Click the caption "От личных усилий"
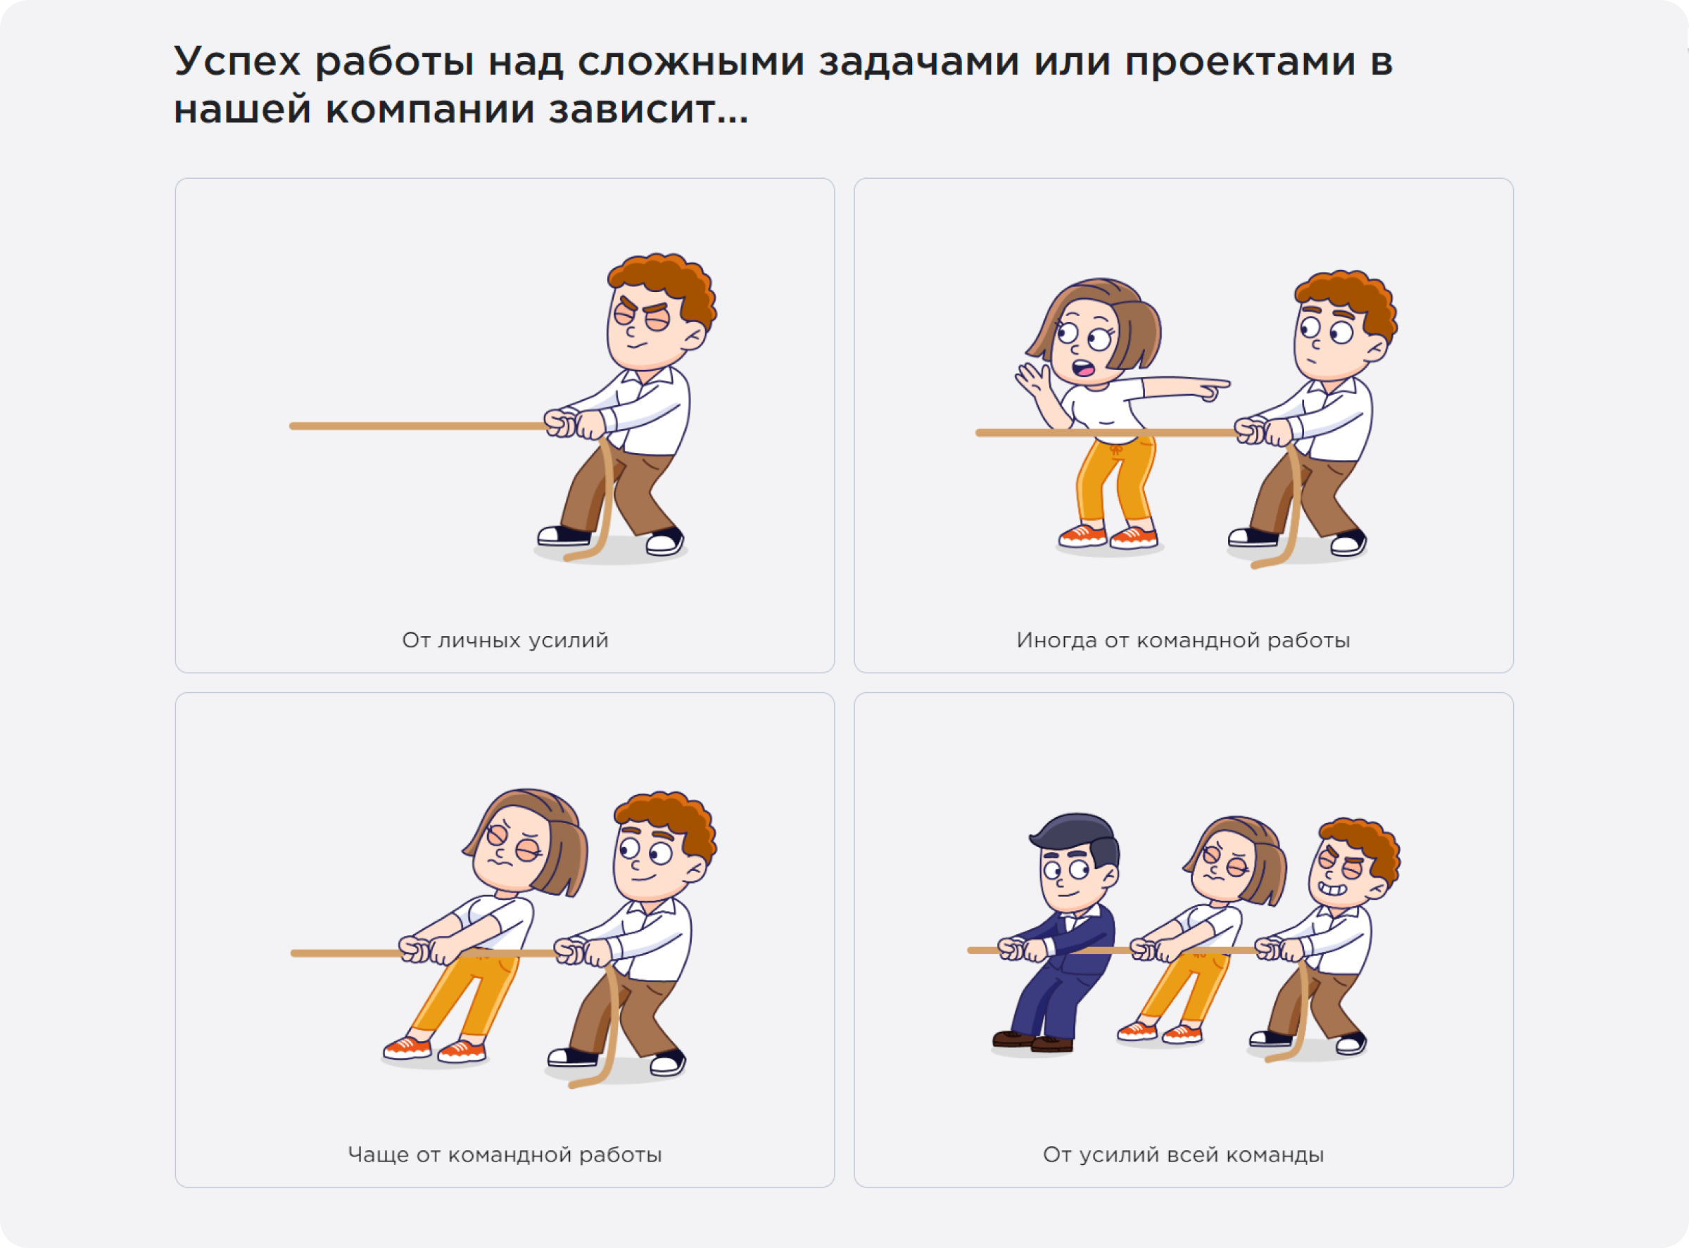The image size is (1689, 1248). coord(505,641)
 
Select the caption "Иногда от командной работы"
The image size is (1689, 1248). coord(1183,641)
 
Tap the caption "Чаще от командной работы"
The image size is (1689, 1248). coord(505,1154)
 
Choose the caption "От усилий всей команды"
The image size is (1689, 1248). coord(1183,1154)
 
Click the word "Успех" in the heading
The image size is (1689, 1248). coord(237,62)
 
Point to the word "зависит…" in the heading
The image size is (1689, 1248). coord(648,110)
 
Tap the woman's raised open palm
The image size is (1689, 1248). coord(1032,378)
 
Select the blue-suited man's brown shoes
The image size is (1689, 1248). coord(1032,1043)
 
